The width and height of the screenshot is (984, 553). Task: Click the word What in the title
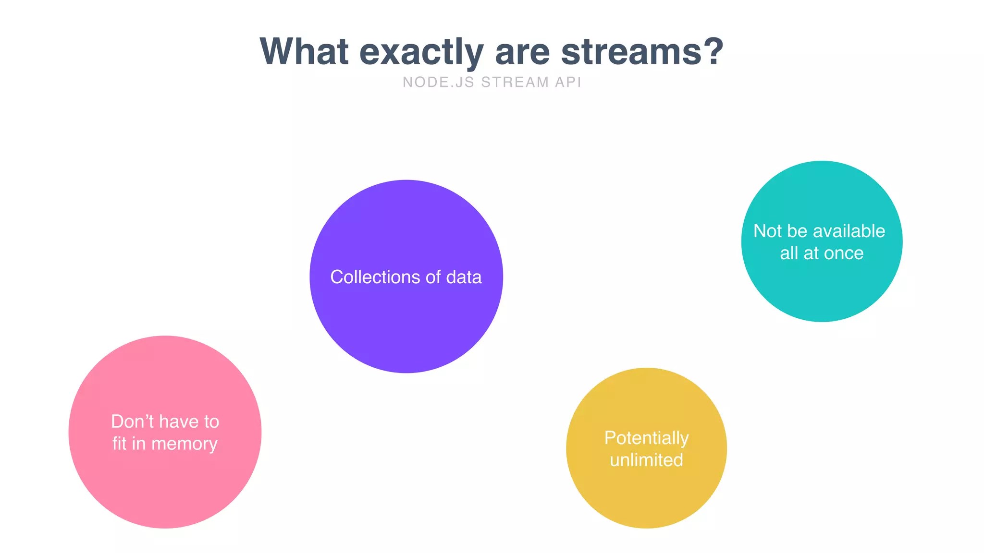tap(304, 51)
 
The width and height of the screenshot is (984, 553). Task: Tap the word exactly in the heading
tap(421, 52)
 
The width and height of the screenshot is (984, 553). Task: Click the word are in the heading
tap(522, 52)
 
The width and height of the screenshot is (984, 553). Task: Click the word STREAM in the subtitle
tap(515, 83)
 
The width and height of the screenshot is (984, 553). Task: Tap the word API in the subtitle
tap(568, 83)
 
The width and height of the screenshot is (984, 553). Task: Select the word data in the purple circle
tap(464, 277)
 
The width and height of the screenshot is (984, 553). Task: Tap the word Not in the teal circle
tap(768, 231)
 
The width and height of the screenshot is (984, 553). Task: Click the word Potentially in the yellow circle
tap(646, 438)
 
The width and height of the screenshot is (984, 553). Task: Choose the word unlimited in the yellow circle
tap(646, 460)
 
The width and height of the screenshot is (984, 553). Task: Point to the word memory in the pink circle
tap(184, 444)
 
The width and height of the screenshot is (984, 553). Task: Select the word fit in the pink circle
tap(119, 444)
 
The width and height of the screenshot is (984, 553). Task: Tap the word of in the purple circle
tap(433, 277)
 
